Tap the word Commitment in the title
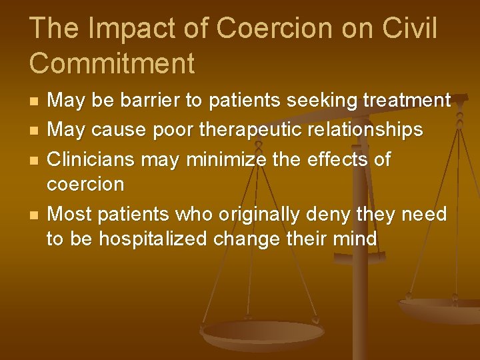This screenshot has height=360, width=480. (x=112, y=63)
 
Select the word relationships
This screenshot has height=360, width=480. (x=365, y=129)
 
